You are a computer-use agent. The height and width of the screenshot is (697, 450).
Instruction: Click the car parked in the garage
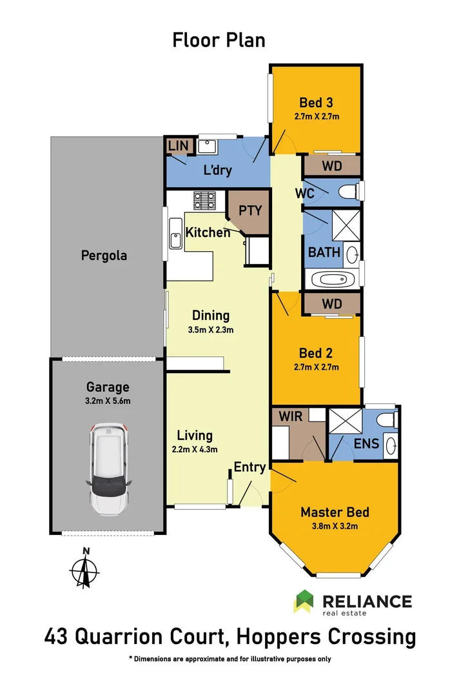(110, 467)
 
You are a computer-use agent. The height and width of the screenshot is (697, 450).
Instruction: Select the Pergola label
(104, 255)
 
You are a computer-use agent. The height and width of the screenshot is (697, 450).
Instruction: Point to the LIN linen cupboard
(178, 146)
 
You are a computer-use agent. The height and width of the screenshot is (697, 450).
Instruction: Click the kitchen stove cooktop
(206, 201)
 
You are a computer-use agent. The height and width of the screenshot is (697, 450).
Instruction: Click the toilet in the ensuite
(387, 420)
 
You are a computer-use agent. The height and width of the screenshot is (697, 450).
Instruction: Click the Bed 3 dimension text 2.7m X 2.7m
(316, 117)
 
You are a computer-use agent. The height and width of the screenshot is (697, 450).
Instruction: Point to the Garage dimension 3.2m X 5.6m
(108, 401)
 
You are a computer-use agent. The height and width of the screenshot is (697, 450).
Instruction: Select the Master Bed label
(335, 512)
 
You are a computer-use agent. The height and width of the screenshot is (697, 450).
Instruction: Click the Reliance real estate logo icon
(304, 601)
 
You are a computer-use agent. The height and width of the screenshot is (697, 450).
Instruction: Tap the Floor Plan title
(219, 40)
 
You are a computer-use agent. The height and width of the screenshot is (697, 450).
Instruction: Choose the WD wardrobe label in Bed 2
(331, 303)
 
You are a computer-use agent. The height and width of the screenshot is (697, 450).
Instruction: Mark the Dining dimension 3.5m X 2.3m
(211, 330)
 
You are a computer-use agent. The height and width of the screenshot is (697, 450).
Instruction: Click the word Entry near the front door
(249, 467)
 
